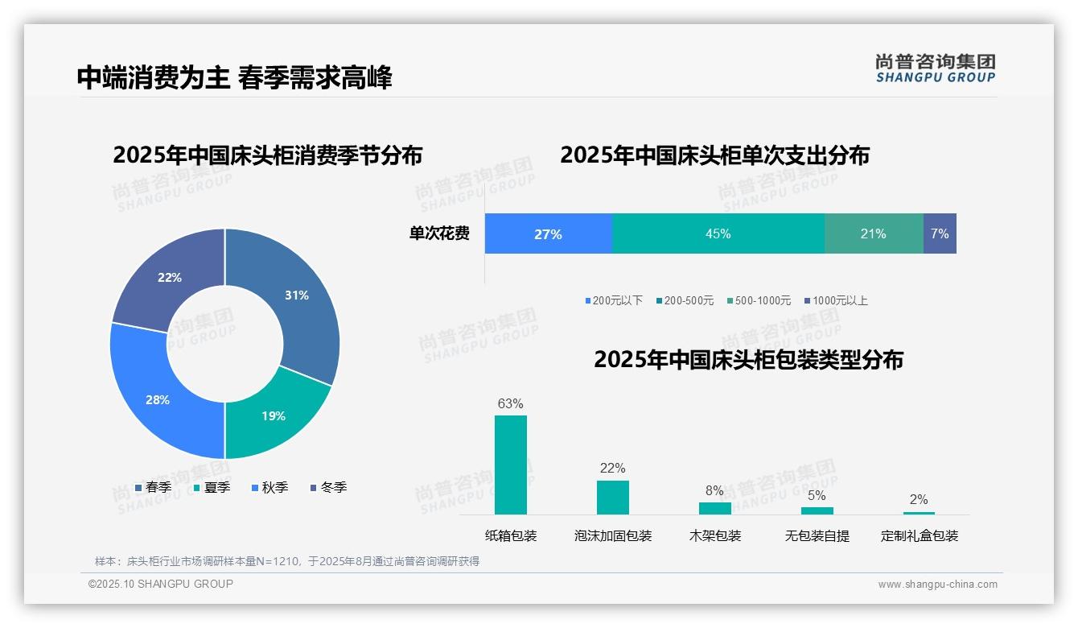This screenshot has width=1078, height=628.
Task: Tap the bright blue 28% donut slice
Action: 157,399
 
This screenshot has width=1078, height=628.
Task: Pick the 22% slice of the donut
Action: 170,277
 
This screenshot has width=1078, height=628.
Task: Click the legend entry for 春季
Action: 153,487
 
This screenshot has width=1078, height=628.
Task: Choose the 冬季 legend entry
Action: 328,487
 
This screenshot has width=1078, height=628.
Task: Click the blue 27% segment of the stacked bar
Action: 548,234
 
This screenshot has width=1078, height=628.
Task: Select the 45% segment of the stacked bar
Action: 718,234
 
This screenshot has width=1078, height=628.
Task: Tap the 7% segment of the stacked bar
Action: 940,234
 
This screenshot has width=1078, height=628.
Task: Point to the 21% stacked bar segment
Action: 873,234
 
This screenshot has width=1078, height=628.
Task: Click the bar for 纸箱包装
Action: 511,465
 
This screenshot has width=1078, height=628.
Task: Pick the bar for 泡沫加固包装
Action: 613,497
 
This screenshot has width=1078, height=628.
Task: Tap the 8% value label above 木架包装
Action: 714,490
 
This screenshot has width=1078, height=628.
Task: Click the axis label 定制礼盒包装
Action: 920,535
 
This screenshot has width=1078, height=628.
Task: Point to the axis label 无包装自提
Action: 817,535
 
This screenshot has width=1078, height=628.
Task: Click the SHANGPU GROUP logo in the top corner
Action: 936,68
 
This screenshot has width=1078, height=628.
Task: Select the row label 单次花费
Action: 439,233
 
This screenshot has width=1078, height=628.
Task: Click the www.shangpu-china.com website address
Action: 937,585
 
